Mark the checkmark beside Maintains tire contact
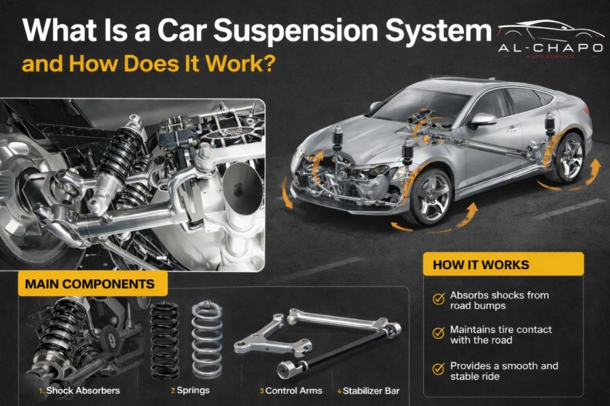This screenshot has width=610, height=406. tap(438, 333)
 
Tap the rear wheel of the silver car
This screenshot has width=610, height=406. tap(567, 156)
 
